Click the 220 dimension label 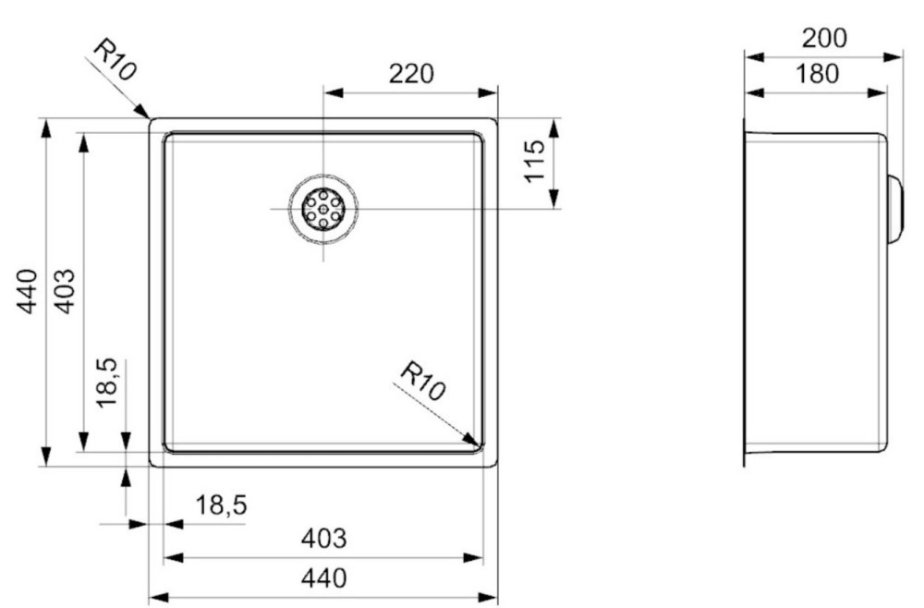[x=411, y=74]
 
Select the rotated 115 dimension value [x=535, y=161]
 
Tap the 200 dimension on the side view [x=824, y=38]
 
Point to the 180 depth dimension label [x=817, y=74]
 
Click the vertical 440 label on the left [x=27, y=291]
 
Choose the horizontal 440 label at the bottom [x=324, y=578]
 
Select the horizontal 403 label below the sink [x=324, y=539]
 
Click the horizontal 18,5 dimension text [x=221, y=505]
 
